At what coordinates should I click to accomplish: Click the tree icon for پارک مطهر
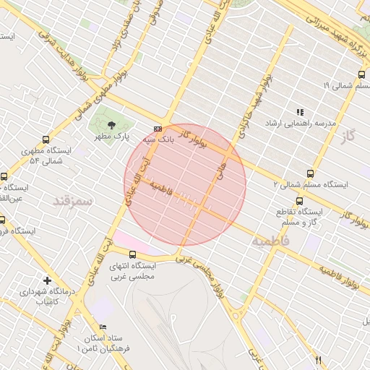pyautogui.click(x=110, y=124)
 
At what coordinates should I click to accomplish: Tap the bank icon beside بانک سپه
pyautogui.click(x=158, y=129)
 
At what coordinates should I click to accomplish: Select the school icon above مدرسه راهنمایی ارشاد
pyautogui.click(x=300, y=112)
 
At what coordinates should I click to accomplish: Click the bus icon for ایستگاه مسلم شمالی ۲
pyautogui.click(x=311, y=173)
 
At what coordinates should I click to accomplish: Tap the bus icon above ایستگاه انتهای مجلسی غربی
pyautogui.click(x=132, y=254)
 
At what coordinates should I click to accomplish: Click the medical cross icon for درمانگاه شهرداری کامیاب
pyautogui.click(x=48, y=280)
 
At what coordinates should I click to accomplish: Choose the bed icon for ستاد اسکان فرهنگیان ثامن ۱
pyautogui.click(x=102, y=328)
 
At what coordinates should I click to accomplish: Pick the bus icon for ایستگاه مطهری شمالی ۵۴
pyautogui.click(x=47, y=140)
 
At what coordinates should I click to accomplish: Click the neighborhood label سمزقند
pyautogui.click(x=74, y=200)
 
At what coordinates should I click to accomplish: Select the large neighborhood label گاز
pyautogui.click(x=350, y=135)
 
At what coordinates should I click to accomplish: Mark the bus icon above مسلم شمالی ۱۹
pyautogui.click(x=362, y=74)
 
